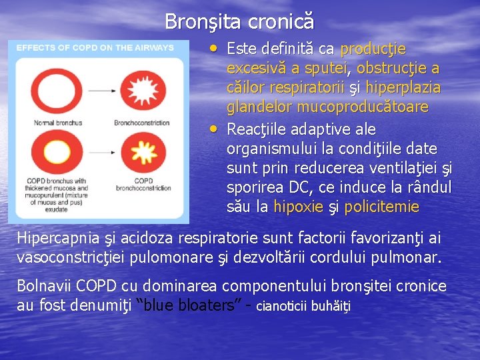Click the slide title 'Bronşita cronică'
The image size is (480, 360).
(x=239, y=21)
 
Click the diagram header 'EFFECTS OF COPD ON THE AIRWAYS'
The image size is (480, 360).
(x=95, y=47)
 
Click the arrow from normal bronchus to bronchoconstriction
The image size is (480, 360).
(x=98, y=88)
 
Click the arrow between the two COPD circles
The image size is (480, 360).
(x=98, y=150)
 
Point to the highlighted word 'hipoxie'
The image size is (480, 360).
(x=299, y=207)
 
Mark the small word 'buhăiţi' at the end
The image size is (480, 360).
(x=330, y=307)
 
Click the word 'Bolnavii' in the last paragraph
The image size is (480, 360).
(x=43, y=286)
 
